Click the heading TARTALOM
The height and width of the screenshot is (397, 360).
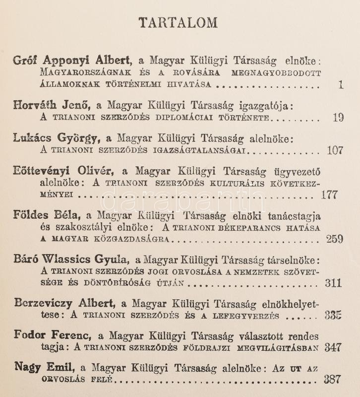pos(178,23)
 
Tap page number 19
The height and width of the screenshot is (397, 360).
pos(338,118)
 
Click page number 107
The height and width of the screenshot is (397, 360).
pos(335,150)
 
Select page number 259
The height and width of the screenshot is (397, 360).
pos(335,239)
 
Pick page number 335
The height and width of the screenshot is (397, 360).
pos(333,315)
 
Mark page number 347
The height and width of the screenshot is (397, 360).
pos(333,347)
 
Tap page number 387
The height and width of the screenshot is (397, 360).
pos(332,380)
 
